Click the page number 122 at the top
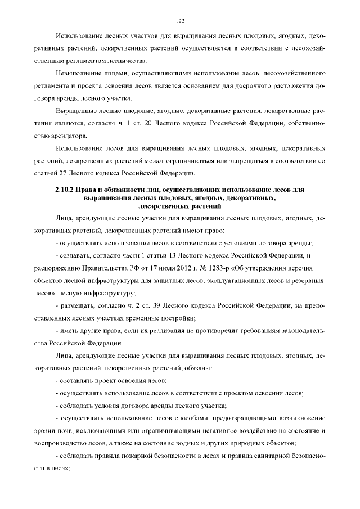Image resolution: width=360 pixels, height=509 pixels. pos(180,21)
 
